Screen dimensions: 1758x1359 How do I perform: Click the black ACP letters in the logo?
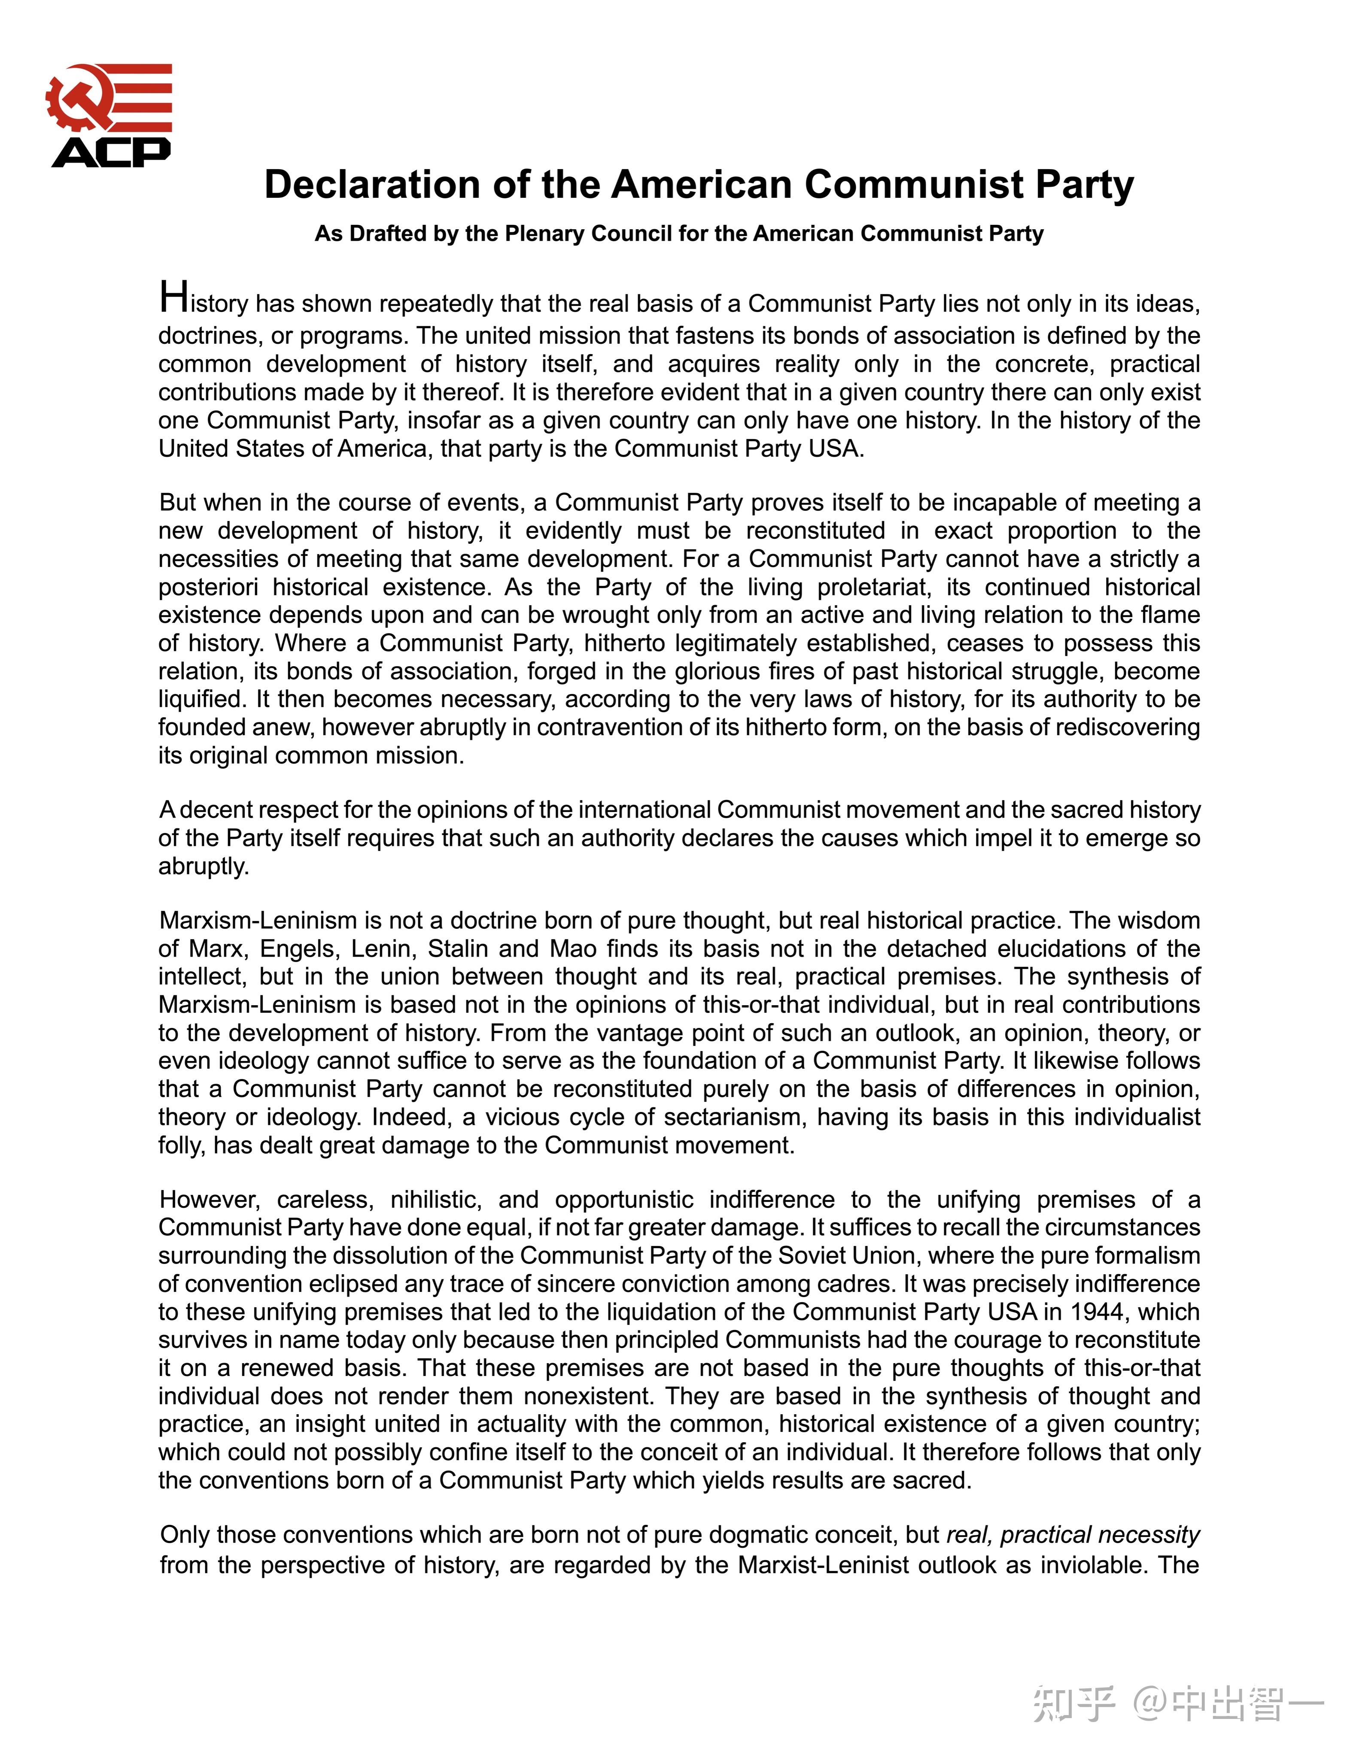click(x=111, y=152)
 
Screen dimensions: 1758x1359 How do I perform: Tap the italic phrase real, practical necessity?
click(x=1073, y=1535)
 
